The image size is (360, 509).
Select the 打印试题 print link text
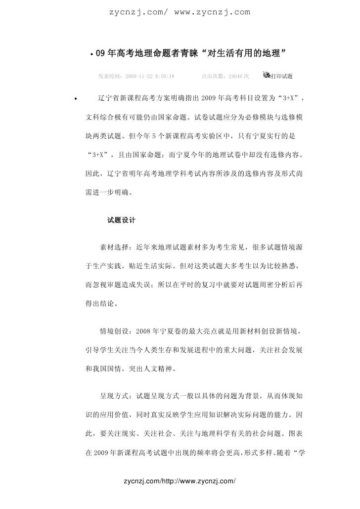click(x=282, y=77)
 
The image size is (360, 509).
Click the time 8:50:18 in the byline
click(x=162, y=77)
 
